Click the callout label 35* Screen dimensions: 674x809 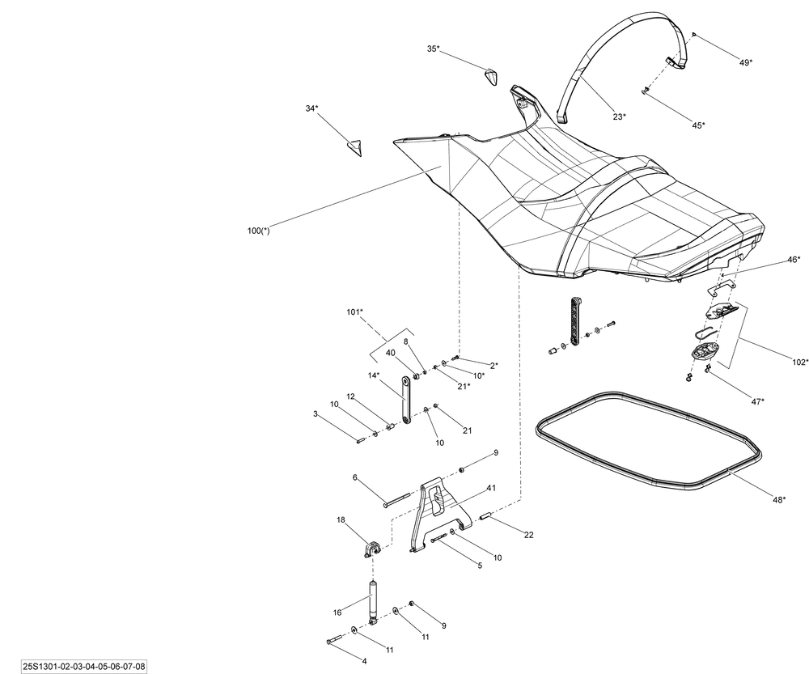click(x=434, y=49)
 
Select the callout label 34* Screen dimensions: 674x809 click(x=311, y=108)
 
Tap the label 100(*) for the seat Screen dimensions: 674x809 click(x=259, y=231)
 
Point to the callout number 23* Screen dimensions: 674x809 click(x=619, y=117)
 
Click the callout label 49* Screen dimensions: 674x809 click(x=745, y=61)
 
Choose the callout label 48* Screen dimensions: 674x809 click(x=779, y=501)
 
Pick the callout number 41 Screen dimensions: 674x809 click(x=491, y=489)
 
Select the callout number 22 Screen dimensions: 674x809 click(x=528, y=535)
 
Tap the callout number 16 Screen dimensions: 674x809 click(x=337, y=613)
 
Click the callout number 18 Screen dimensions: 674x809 click(x=341, y=520)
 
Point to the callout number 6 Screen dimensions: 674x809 click(x=354, y=477)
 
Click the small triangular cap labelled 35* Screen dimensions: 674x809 click(x=491, y=77)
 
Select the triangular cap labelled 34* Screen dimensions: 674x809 click(x=354, y=146)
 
